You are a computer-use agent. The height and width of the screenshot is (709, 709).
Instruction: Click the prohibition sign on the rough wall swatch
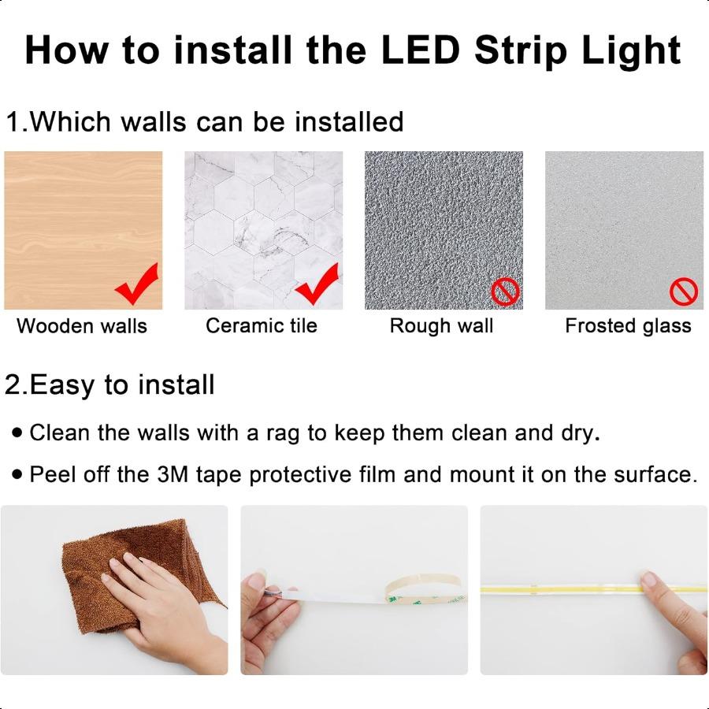[505, 291]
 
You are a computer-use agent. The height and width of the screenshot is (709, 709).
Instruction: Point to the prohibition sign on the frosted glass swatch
[683, 292]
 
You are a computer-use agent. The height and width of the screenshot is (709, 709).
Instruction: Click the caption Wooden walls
[82, 326]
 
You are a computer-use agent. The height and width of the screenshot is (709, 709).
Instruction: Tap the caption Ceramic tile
[262, 326]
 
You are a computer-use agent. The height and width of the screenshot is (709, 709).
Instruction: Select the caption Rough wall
[441, 326]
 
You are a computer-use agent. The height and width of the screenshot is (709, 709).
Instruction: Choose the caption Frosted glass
[628, 326]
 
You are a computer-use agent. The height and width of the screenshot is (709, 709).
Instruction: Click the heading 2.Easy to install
[110, 385]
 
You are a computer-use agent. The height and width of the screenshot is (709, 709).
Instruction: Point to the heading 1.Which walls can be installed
[204, 122]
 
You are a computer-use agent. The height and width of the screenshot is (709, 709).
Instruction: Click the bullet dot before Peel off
[17, 475]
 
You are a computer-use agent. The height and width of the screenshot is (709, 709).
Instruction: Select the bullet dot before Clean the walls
[17, 433]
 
